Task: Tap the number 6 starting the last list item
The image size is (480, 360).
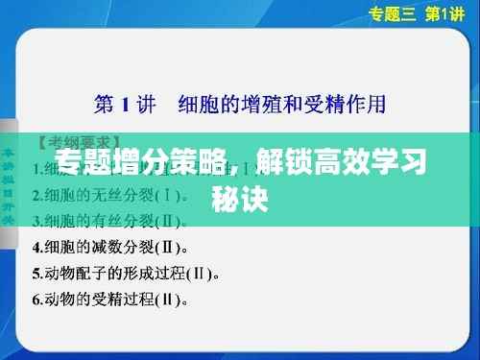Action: point(36,299)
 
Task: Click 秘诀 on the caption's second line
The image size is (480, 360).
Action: point(239,197)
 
